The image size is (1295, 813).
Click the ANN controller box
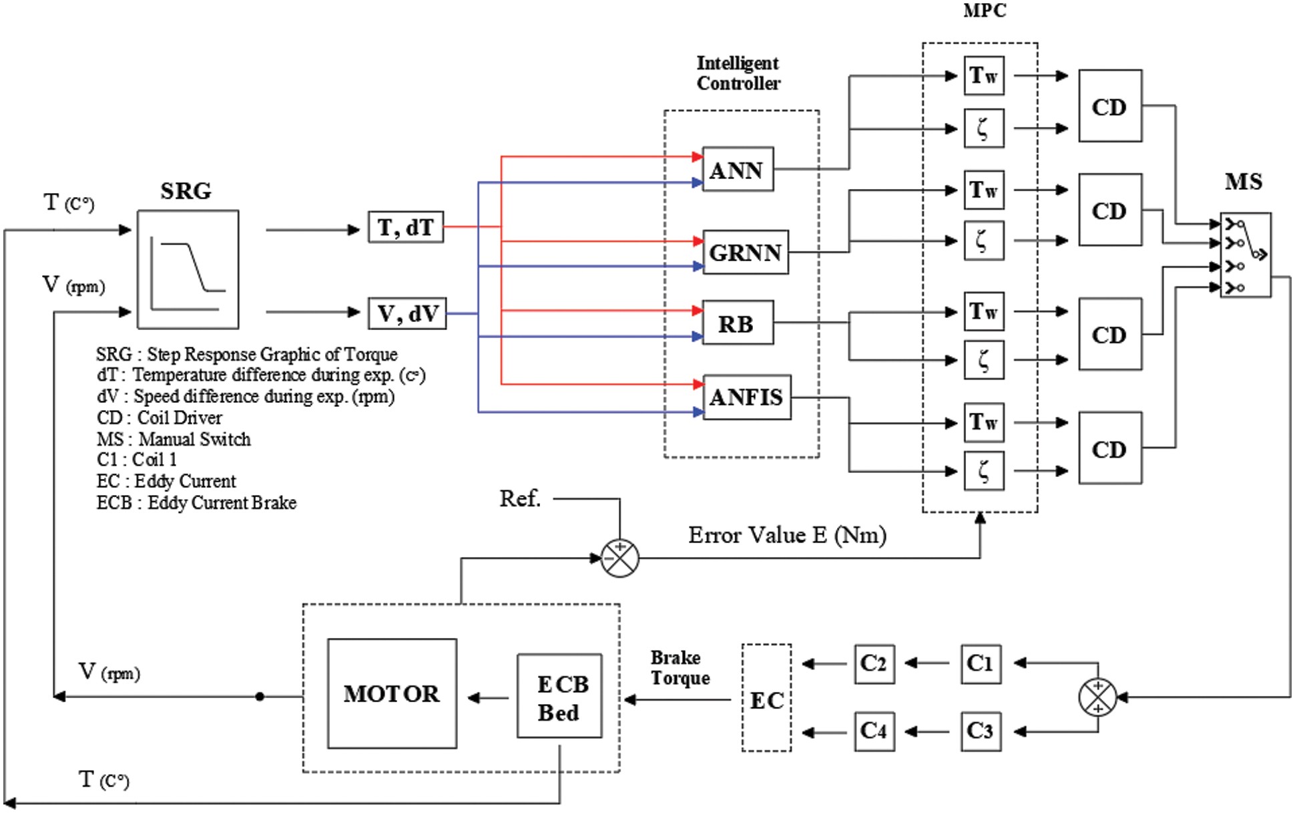pyautogui.click(x=738, y=170)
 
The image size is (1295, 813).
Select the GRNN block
pyautogui.click(x=745, y=253)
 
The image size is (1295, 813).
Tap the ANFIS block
pyautogui.click(x=746, y=397)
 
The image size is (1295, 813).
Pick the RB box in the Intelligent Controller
pyautogui.click(x=737, y=323)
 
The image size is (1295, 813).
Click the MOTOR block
pyautogui.click(x=392, y=693)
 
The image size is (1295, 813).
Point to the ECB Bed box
pyautogui.click(x=559, y=696)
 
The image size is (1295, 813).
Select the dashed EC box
pyautogui.click(x=766, y=698)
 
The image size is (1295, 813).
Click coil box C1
pyautogui.click(x=980, y=663)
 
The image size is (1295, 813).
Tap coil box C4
pyautogui.click(x=874, y=731)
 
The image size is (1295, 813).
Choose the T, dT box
pyautogui.click(x=405, y=227)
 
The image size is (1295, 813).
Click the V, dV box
pyautogui.click(x=407, y=313)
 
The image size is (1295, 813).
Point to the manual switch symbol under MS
pyautogui.click(x=1245, y=255)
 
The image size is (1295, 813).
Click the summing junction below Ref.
pyautogui.click(x=619, y=558)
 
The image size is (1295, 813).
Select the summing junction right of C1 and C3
pyautogui.click(x=1097, y=697)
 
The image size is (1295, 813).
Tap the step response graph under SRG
pyautogui.click(x=188, y=270)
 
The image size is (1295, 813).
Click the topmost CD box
pyautogui.click(x=1109, y=106)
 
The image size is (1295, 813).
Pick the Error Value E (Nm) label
pyautogui.click(x=787, y=535)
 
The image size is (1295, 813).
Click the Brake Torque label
pyautogui.click(x=680, y=667)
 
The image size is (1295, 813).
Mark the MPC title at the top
pyautogui.click(x=984, y=10)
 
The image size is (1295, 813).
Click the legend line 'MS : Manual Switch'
pyautogui.click(x=174, y=439)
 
